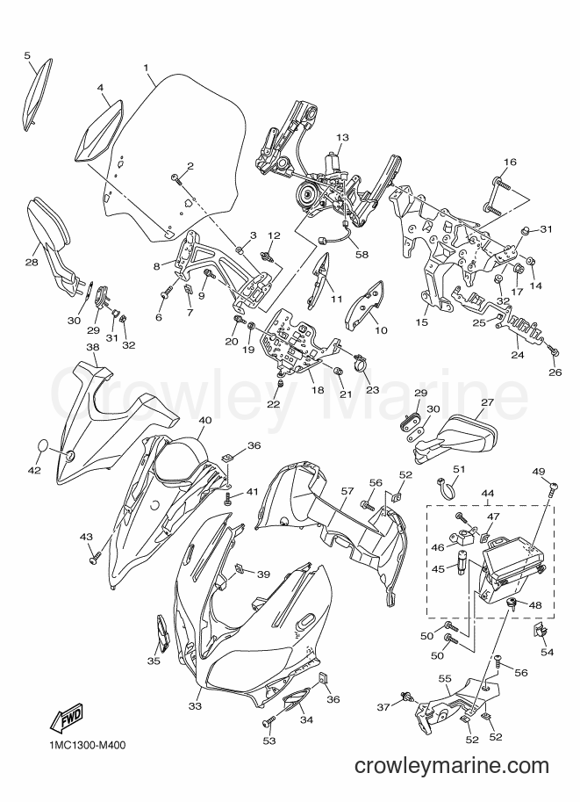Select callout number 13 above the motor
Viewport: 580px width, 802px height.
point(342,137)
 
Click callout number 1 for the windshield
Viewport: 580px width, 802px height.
point(147,68)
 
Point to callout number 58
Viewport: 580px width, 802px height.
point(362,254)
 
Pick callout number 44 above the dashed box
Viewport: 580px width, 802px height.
point(488,493)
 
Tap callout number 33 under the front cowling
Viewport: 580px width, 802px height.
point(195,706)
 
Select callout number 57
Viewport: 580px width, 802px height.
point(347,490)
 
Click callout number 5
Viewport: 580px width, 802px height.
point(27,54)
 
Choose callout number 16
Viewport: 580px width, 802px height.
point(510,163)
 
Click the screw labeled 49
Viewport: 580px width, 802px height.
point(553,488)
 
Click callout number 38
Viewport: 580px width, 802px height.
point(92,346)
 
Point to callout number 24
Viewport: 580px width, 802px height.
point(518,355)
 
